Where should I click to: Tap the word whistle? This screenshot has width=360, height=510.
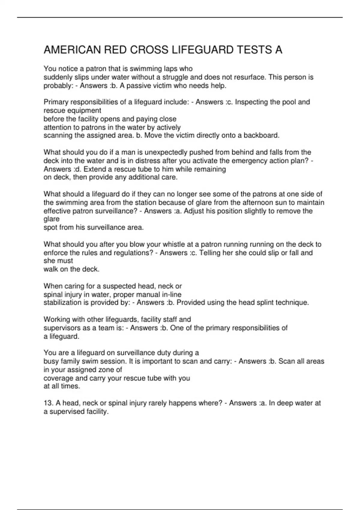point(176,244)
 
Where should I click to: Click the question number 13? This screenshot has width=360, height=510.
point(48,403)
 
